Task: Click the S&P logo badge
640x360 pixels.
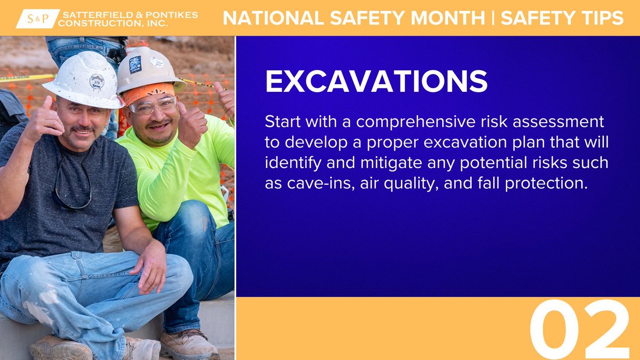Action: [x=37, y=18]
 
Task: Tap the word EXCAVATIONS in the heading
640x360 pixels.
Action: [x=376, y=82]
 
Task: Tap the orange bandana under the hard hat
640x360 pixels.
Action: [x=149, y=91]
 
